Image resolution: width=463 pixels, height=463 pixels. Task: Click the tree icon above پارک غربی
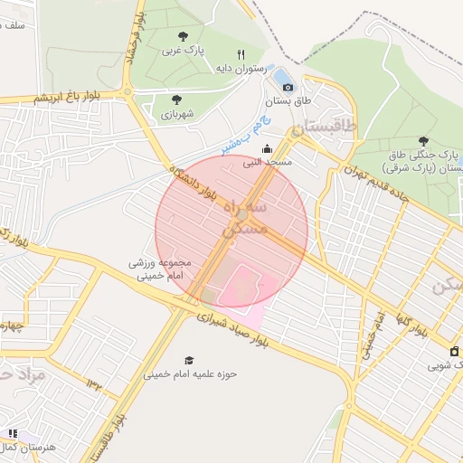183,36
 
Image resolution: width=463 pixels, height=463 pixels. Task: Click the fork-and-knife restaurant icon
241,54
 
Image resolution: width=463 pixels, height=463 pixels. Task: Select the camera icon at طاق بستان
288,87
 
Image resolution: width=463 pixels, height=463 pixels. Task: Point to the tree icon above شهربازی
176,99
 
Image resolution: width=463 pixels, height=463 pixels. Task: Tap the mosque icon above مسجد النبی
266,149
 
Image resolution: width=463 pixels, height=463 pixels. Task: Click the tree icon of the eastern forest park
423,141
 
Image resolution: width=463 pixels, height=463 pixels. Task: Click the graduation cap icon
189,360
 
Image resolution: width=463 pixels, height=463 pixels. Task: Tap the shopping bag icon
454,351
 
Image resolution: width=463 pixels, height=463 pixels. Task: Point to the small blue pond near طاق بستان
279,74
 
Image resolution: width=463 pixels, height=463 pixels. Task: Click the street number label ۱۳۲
93,386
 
